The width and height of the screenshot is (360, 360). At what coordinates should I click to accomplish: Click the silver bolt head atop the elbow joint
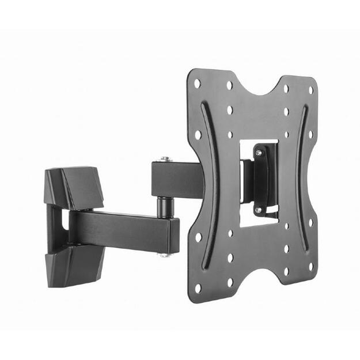tap(165, 158)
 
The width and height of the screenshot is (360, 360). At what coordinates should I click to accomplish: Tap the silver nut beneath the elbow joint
tap(165, 253)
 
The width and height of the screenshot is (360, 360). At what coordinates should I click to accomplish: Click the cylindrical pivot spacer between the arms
tap(165, 204)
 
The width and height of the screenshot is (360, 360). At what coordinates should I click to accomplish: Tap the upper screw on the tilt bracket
tap(259, 153)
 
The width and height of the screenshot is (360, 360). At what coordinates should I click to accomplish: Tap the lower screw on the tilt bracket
tap(259, 210)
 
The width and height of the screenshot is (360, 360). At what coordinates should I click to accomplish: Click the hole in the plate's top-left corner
tap(197, 84)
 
